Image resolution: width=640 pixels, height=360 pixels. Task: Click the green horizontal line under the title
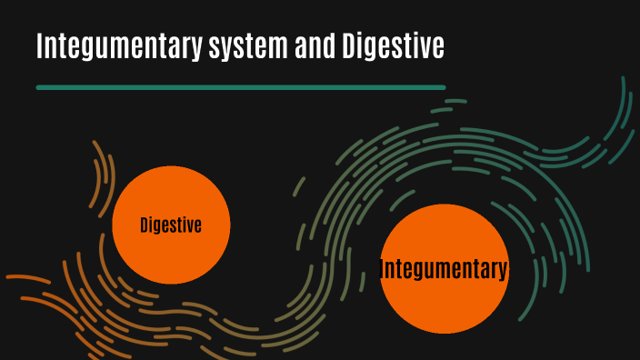pyautogui.click(x=240, y=87)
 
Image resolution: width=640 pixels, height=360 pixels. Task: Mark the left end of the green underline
pyautogui.click(x=38, y=87)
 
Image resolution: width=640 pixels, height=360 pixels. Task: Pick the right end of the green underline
pyautogui.click(x=443, y=87)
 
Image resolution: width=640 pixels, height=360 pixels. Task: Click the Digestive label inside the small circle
pyautogui.click(x=171, y=225)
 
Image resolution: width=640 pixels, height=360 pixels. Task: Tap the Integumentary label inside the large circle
pyautogui.click(x=443, y=269)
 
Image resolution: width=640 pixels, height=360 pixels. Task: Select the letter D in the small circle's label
pyautogui.click(x=145, y=225)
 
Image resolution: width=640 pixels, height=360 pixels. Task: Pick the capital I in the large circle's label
pyautogui.click(x=382, y=269)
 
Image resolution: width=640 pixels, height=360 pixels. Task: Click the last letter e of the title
pyautogui.click(x=438, y=49)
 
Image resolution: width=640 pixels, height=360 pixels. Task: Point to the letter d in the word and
pyautogui.click(x=327, y=46)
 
